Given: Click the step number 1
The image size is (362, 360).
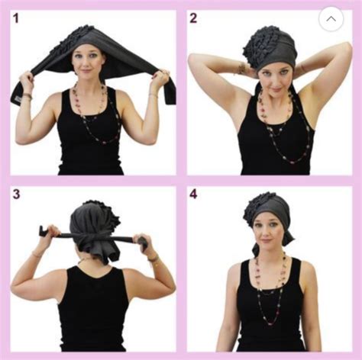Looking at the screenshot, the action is tap(16, 18).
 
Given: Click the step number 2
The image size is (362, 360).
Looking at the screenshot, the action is tap(193, 18).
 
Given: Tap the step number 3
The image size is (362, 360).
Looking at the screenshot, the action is tap(16, 194).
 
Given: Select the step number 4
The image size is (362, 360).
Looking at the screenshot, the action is tap(193, 194).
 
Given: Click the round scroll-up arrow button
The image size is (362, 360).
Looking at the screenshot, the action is tap(331, 19).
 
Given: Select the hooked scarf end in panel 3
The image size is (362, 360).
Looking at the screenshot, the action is tap(44, 230).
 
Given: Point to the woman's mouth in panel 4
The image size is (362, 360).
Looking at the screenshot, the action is tap(266, 240).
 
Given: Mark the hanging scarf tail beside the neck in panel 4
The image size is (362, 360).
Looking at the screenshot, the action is tap(256, 249).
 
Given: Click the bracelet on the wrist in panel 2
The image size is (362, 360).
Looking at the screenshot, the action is tap(241, 68).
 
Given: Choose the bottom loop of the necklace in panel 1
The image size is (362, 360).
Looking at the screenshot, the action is tap(105, 140).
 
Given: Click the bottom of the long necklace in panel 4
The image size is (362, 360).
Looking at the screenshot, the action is tap(272, 323).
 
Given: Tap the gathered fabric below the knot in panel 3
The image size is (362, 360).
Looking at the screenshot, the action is tap(101, 252).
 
